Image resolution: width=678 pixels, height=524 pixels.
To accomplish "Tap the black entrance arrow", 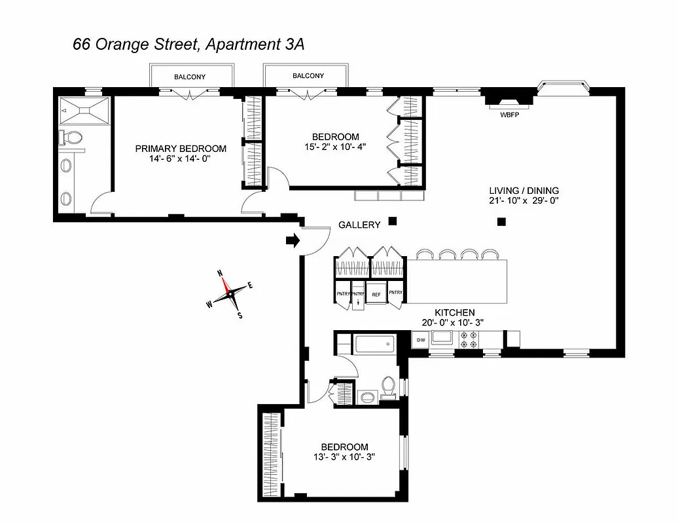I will coord(293,241).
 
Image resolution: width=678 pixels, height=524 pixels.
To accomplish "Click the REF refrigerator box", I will coord(376,295).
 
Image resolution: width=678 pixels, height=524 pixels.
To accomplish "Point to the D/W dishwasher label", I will coord(420,340).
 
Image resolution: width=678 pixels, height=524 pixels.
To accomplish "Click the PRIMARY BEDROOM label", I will coord(181,149).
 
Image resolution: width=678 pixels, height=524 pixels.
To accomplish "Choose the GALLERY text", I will coord(359,225).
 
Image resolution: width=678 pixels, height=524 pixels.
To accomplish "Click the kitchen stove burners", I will coord(469,340).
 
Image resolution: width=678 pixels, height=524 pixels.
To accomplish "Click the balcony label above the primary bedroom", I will coord(190,77).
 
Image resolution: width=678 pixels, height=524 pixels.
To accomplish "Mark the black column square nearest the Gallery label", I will coord(392,221).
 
